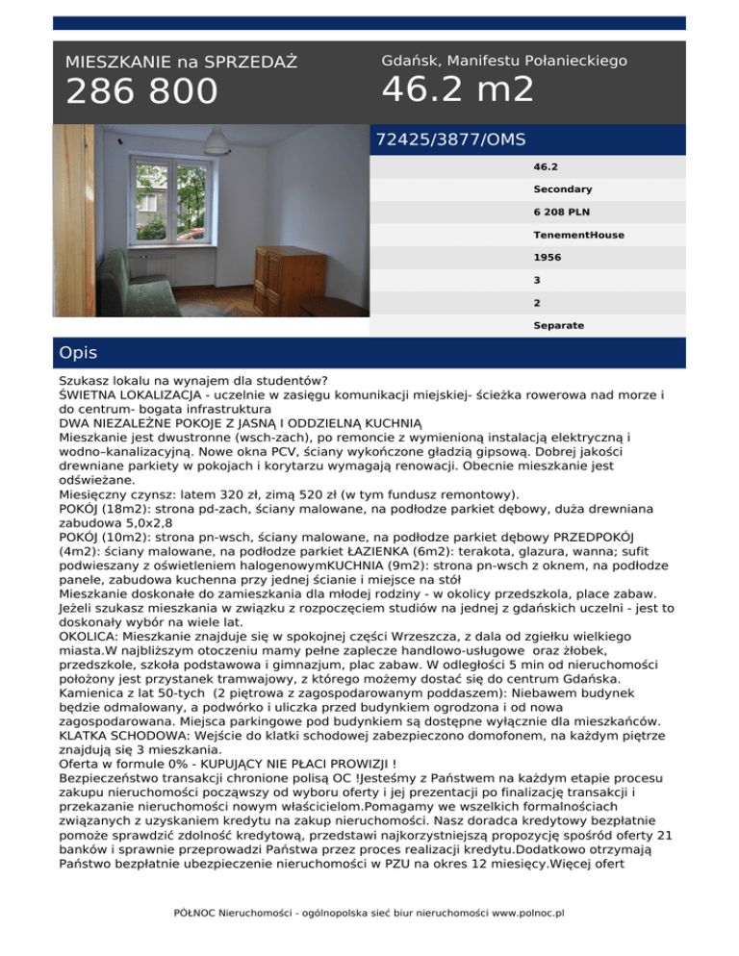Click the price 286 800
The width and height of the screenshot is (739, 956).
141,91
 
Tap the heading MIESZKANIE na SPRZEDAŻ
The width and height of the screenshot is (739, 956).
181,63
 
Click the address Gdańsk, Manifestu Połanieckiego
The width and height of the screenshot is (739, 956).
504,61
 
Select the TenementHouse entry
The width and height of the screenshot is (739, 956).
577,235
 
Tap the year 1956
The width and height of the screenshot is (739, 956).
548,258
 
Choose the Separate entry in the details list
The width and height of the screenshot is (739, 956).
559,326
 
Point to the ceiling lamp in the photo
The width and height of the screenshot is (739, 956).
214,144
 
